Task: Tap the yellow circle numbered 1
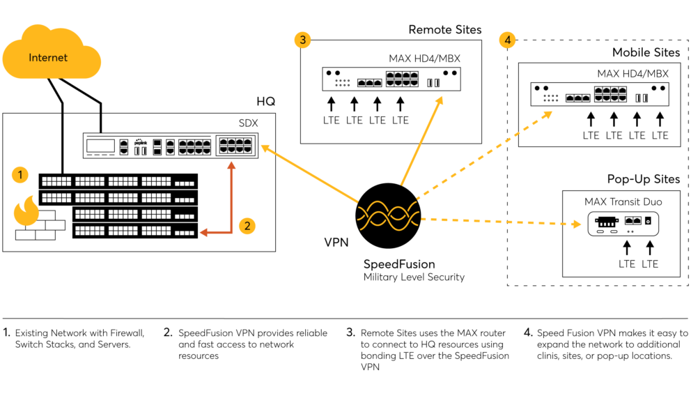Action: pyautogui.click(x=20, y=175)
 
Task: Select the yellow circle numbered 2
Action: pyautogui.click(x=247, y=226)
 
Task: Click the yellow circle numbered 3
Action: pyautogui.click(x=303, y=40)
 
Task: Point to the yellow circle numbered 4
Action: pyautogui.click(x=508, y=40)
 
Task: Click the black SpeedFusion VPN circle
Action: pyautogui.click(x=388, y=215)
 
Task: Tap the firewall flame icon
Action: pyautogui.click(x=26, y=211)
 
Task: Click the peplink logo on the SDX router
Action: pyautogui.click(x=141, y=142)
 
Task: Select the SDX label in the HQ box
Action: pyautogui.click(x=248, y=123)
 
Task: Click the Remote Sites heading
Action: pyautogui.click(x=444, y=29)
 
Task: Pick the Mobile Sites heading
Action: pyautogui.click(x=646, y=52)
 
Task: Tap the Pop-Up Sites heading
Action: pyautogui.click(x=644, y=179)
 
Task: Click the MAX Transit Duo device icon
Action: pyautogui.click(x=623, y=224)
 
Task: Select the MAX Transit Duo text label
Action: pyautogui.click(x=623, y=201)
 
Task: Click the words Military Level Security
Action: pyautogui.click(x=414, y=277)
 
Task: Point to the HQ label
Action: pyautogui.click(x=265, y=102)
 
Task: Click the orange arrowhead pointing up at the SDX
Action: pyautogui.click(x=231, y=165)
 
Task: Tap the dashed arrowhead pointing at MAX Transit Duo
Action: pyautogui.click(x=577, y=224)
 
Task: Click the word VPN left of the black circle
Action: pyautogui.click(x=336, y=242)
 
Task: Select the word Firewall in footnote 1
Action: pyautogui.click(x=127, y=333)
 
